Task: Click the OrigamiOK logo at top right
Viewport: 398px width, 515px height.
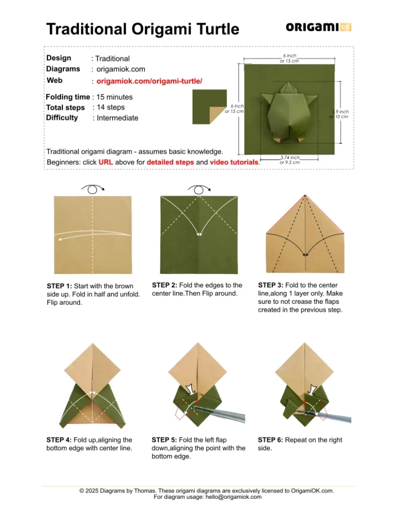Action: coord(318,27)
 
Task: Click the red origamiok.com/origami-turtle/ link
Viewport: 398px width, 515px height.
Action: coord(149,81)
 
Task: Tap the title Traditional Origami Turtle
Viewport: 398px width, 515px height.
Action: coord(142,29)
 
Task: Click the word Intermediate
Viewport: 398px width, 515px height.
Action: coord(117,118)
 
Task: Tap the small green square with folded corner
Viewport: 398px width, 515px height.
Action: coord(209,107)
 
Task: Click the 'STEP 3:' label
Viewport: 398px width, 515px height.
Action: coord(271,285)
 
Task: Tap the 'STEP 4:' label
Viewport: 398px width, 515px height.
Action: coord(59,440)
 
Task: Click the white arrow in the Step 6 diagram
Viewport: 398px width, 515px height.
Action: coord(312,389)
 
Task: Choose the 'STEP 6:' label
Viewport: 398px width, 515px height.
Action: coord(271,440)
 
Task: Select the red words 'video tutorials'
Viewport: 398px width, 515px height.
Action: coord(234,162)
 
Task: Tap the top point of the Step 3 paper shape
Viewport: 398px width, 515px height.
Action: coord(305,195)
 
